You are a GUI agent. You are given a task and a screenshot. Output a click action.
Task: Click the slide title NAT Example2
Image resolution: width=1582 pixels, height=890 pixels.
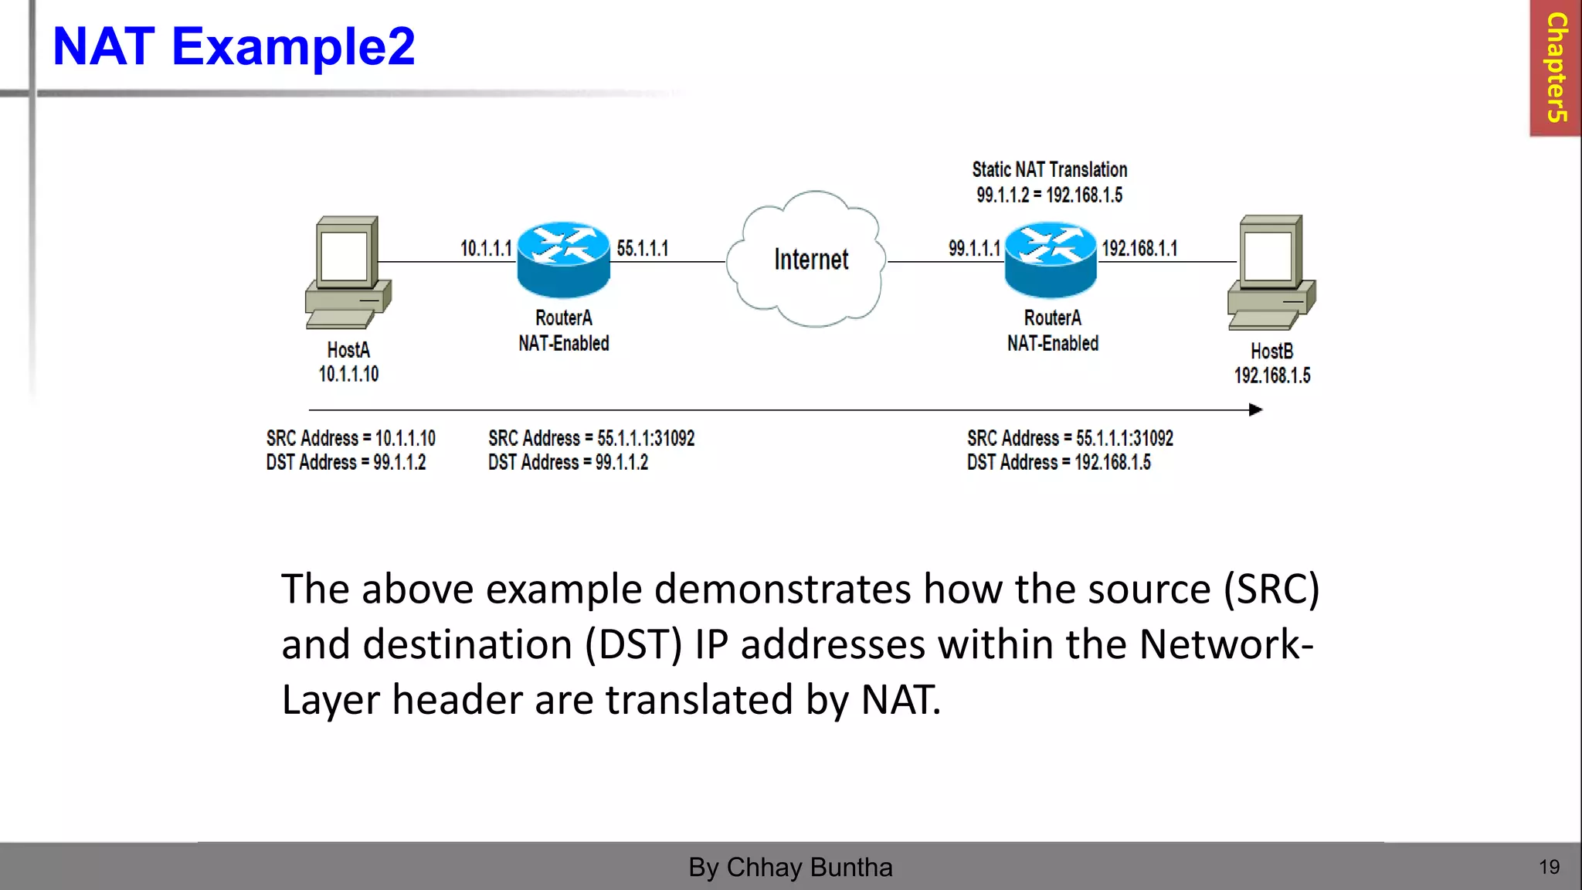233,46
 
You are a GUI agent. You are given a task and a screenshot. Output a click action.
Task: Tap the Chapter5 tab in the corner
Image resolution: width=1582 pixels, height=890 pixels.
1556,68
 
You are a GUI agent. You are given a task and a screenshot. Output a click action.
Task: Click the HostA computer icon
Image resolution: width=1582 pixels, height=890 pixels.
348,272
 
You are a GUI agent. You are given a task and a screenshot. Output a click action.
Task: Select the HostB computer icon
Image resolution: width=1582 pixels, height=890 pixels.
1271,273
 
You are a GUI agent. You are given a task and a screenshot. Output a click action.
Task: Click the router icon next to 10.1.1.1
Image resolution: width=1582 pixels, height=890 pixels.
563,260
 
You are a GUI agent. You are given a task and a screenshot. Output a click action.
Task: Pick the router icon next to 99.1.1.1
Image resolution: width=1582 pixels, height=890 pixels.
1051,260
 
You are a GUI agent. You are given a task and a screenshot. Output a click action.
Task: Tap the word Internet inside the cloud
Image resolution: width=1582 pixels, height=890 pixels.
811,260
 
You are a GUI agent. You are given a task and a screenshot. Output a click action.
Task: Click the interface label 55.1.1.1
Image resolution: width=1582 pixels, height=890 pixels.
642,249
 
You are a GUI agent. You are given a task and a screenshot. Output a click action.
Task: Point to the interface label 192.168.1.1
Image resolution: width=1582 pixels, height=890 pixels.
1139,249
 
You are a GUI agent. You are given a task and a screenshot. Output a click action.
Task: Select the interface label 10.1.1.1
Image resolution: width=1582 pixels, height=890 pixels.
486,249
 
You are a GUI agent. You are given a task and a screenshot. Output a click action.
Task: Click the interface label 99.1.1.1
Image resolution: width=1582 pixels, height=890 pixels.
974,249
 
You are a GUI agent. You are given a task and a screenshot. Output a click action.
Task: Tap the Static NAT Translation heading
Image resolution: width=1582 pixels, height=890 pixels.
1049,170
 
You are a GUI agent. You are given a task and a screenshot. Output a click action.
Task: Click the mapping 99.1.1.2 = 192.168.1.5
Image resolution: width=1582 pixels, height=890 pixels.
1049,195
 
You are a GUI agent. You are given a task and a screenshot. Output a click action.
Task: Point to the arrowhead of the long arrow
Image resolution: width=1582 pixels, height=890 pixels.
1255,409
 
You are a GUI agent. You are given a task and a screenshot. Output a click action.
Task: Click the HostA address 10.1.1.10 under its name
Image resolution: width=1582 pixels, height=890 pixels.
348,375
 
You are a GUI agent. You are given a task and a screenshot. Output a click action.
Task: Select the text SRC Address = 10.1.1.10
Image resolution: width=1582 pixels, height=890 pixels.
351,439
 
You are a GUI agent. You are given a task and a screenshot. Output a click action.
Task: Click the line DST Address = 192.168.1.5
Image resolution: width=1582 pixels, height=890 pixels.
1058,463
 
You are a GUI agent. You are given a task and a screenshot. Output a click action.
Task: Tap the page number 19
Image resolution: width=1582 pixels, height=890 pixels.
1549,867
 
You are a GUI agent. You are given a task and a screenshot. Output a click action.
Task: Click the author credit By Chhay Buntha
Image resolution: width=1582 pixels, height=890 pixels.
790,867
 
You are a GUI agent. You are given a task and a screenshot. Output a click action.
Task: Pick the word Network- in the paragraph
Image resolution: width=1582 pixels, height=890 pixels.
1226,644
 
